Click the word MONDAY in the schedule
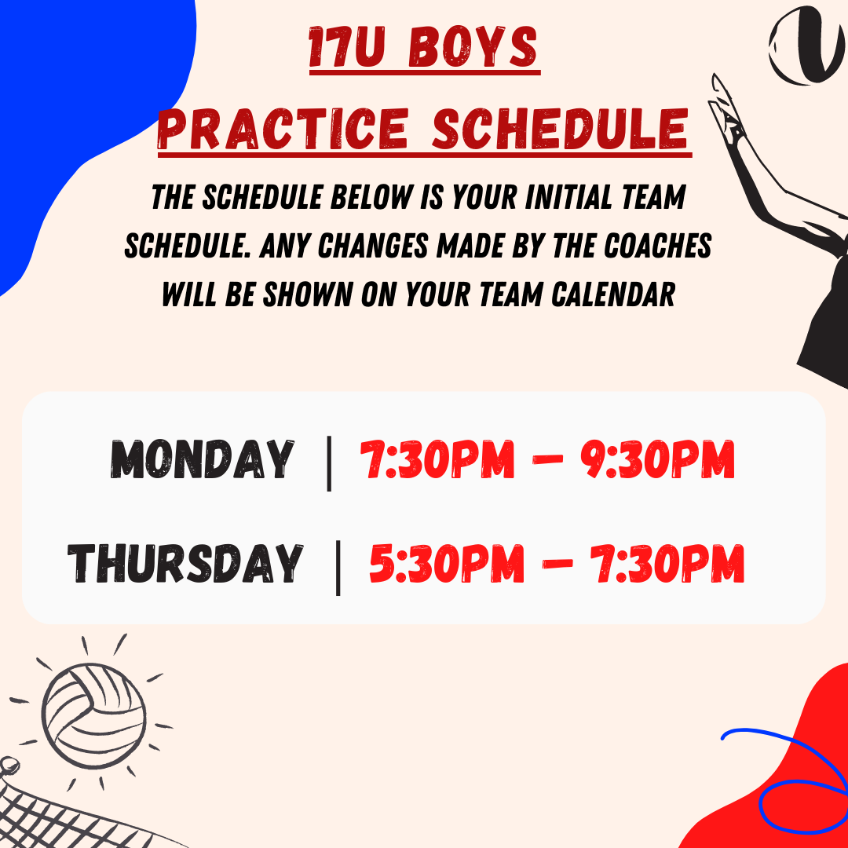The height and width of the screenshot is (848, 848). click(x=203, y=459)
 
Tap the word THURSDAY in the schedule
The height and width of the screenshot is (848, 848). click(x=185, y=564)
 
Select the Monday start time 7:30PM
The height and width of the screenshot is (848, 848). click(x=437, y=459)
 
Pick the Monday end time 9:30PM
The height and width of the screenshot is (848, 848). click(x=658, y=459)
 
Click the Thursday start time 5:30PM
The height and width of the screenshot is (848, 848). click(x=447, y=564)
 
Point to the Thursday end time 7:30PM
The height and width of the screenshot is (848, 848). click(x=667, y=564)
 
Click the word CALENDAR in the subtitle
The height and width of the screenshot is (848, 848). click(x=613, y=294)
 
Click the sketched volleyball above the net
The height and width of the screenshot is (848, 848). click(x=94, y=715)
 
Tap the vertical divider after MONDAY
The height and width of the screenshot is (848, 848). click(x=329, y=463)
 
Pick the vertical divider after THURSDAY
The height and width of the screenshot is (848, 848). click(x=338, y=568)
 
